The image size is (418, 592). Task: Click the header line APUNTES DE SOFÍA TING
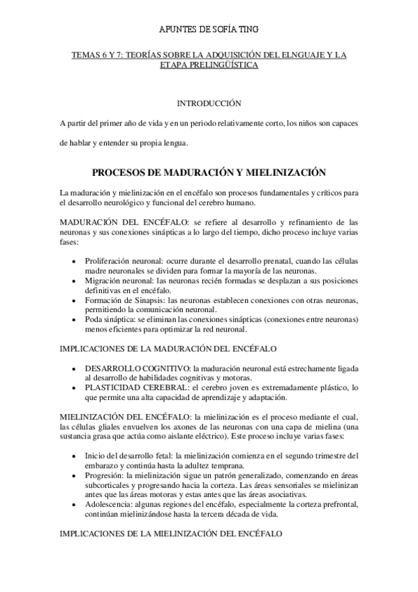209,29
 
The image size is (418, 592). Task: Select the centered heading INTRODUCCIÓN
209,103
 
